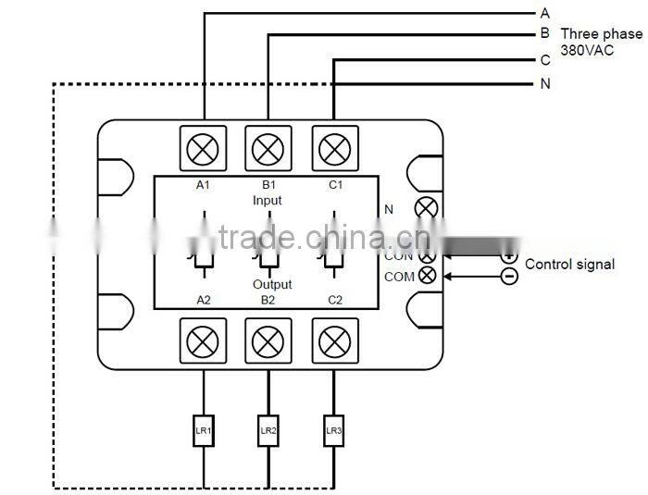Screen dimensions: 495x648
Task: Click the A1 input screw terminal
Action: (203, 148)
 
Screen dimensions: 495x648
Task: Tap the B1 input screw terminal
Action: (268, 148)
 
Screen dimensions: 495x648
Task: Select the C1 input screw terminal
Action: (332, 148)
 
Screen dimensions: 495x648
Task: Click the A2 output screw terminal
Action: (203, 341)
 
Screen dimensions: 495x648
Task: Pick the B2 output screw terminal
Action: (268, 341)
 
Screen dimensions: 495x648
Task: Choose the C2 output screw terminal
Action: (332, 341)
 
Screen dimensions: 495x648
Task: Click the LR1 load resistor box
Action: (203, 430)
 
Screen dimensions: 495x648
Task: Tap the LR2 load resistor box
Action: (268, 430)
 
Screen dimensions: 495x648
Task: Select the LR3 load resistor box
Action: (332, 430)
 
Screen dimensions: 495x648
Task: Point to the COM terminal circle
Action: (427, 276)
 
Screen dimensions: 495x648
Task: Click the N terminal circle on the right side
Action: (426, 208)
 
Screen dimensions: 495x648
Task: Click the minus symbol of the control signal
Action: (509, 276)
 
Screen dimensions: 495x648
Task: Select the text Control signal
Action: (569, 265)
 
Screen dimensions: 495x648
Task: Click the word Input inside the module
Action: (268, 200)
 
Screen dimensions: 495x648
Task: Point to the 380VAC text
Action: (587, 51)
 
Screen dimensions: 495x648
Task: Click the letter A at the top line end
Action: (545, 13)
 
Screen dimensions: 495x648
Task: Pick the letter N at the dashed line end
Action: (545, 84)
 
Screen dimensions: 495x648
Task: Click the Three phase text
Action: (601, 34)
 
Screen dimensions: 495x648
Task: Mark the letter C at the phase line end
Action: (545, 61)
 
